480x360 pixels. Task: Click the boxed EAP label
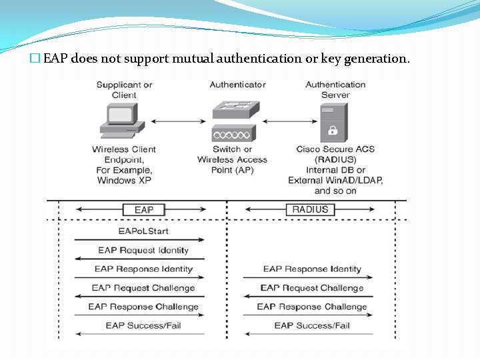143,210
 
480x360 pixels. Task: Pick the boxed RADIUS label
310,210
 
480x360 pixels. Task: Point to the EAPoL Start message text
143,231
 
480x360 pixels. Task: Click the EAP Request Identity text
143,251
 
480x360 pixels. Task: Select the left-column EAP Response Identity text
143,269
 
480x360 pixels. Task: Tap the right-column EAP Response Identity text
312,269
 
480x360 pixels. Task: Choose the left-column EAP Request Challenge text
143,288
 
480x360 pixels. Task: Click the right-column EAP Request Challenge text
312,288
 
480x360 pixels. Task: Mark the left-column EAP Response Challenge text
143,307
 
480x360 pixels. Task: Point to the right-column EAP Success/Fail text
312,325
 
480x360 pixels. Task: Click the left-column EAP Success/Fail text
143,325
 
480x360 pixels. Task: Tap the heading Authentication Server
335,89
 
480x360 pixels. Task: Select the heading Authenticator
237,85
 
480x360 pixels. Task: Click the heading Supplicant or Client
124,89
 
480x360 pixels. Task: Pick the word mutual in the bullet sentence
191,59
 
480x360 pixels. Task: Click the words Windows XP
124,181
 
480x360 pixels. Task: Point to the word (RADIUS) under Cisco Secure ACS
335,160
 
